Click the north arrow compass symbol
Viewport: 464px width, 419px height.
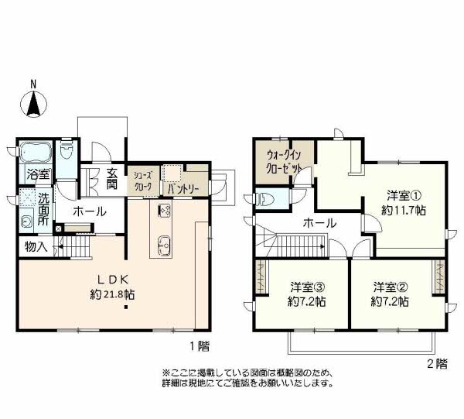pos(33,104)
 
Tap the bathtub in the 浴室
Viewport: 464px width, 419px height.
pos(36,152)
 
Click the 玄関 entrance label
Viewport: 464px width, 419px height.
pos(112,179)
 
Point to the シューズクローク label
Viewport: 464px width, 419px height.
pos(142,180)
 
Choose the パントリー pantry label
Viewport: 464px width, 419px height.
pos(183,189)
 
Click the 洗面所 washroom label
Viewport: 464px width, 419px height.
pos(43,210)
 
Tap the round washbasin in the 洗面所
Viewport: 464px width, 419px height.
pos(27,222)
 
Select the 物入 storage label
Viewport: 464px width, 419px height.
pos(36,246)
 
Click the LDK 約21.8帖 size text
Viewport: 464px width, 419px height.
pos(112,294)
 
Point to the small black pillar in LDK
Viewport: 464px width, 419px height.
pos(126,307)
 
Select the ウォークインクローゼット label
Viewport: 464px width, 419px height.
pos(284,162)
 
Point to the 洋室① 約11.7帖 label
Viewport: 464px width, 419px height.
pos(404,203)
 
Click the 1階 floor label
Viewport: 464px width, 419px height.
pos(200,345)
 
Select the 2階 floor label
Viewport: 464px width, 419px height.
pos(438,363)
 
